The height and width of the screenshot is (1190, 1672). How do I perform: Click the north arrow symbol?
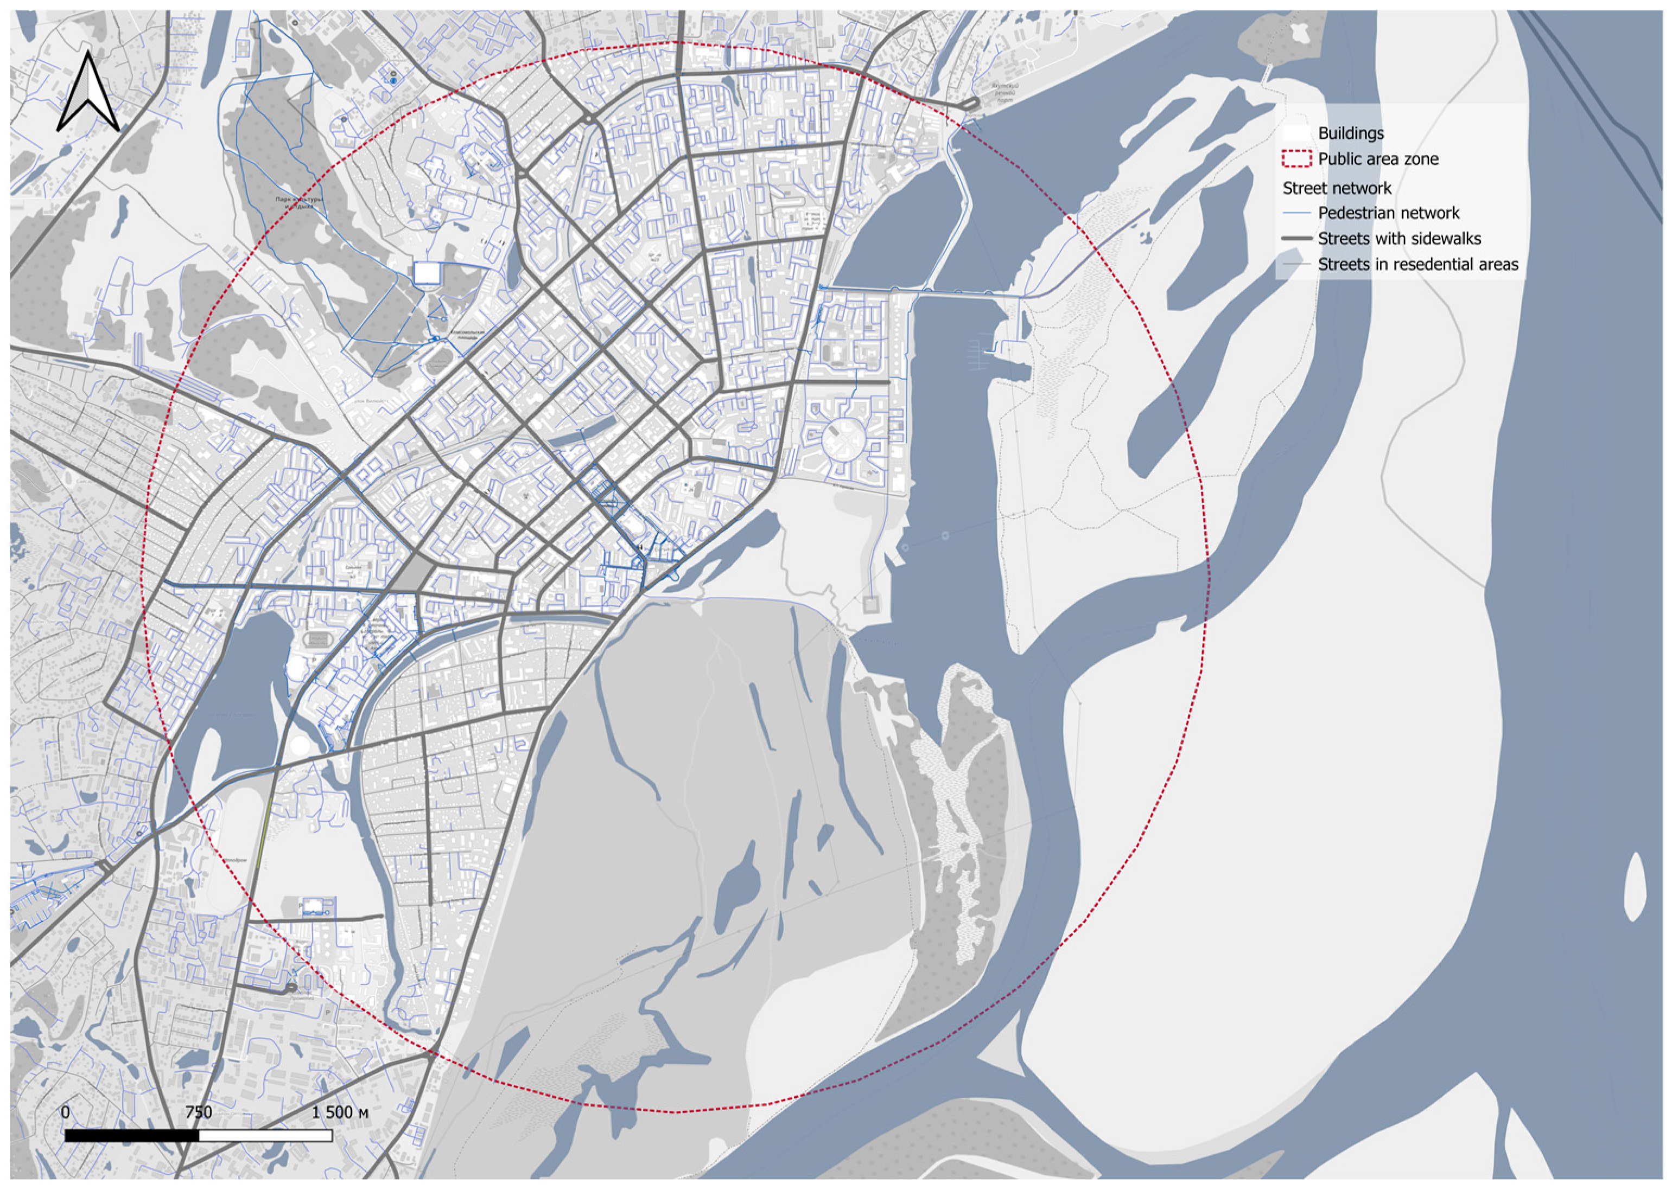coord(88,93)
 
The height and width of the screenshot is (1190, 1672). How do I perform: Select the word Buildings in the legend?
coord(1351,133)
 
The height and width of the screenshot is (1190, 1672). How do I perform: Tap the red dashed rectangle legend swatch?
coord(1296,159)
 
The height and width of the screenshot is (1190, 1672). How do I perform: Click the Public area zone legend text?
coord(1378,159)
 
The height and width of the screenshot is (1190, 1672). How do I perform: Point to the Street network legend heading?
coord(1337,188)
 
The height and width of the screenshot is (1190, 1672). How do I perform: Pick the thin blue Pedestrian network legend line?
coord(1296,213)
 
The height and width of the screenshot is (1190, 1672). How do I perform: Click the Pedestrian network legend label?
coord(1388,213)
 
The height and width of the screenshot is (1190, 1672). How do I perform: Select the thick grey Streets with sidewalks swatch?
coord(1296,239)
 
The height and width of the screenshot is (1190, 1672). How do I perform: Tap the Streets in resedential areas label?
coord(1417,265)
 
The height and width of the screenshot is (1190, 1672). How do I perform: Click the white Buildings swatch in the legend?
coord(1296,133)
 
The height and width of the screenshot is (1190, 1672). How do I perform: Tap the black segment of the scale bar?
coord(132,1136)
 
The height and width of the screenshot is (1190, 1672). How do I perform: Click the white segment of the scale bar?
coord(265,1136)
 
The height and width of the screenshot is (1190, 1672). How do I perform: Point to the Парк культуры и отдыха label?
coord(299,202)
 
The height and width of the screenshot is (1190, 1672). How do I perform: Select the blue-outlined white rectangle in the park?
coord(427,273)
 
